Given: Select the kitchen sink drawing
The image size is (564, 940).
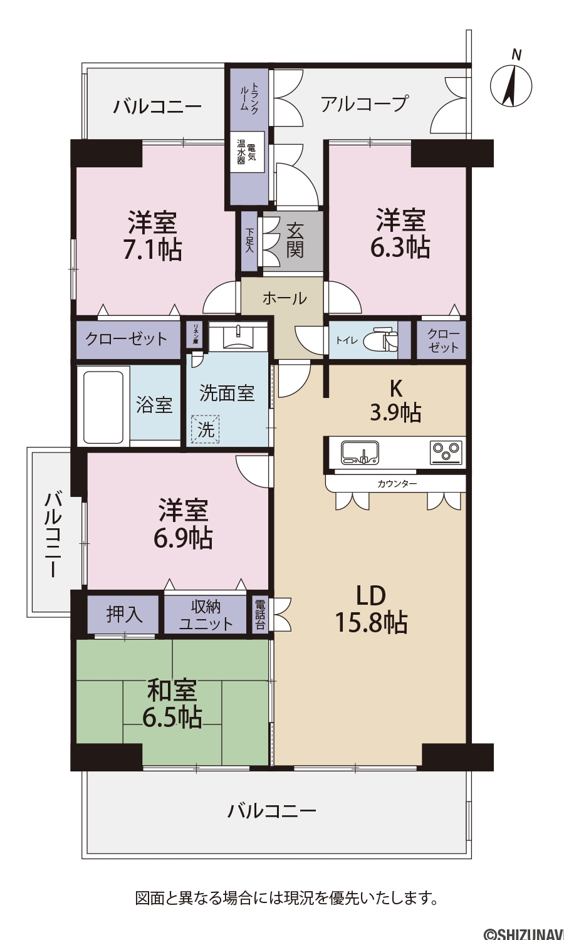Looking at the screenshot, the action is click(x=360, y=452).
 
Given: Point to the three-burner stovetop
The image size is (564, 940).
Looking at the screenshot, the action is click(x=446, y=452).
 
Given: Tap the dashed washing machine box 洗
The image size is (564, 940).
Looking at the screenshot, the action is click(x=205, y=429).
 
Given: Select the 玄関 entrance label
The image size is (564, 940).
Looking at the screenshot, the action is click(x=295, y=240).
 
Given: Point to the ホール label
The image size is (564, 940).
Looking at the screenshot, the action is click(x=285, y=299).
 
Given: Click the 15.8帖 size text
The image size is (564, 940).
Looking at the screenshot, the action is click(x=371, y=622).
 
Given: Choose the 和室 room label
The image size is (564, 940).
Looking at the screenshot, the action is click(x=172, y=691).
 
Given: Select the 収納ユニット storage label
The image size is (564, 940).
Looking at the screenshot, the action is click(x=206, y=615).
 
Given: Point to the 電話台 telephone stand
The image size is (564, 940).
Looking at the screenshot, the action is click(x=260, y=615).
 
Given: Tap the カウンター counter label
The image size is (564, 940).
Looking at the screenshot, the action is click(x=397, y=484).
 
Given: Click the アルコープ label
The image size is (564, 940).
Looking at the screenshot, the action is click(x=364, y=103).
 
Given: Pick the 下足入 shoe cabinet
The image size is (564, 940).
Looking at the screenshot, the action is click(x=249, y=241).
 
